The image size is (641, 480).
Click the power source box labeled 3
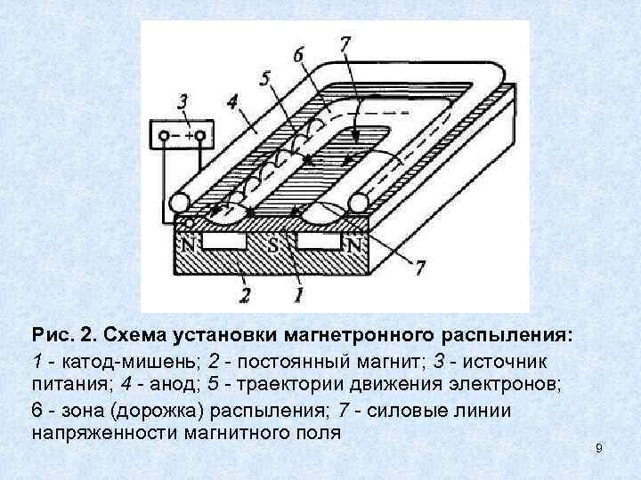point(182,135)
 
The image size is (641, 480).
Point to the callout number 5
point(264,79)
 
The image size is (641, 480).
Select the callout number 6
point(297,55)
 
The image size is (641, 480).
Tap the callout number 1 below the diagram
point(299,291)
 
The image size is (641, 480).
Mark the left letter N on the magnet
point(189,243)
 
